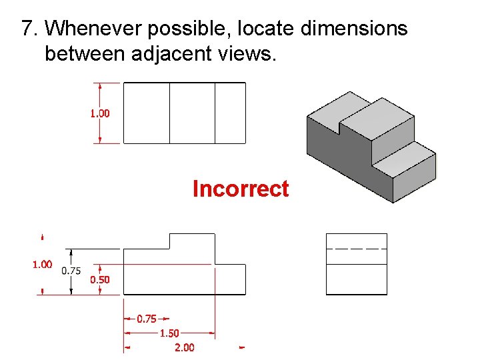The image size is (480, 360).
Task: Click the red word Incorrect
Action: (240, 189)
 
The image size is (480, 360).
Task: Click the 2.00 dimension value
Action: (184, 347)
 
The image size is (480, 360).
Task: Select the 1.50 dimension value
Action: (169, 333)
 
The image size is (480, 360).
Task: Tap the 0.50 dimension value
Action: (100, 280)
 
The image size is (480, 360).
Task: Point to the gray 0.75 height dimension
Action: (71, 271)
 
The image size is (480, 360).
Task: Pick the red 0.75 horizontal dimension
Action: (147, 319)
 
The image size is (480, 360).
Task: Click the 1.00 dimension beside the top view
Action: (100, 113)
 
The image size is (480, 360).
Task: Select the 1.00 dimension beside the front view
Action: (42, 265)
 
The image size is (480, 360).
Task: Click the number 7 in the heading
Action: (27, 29)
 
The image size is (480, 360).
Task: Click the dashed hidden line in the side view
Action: (356, 248)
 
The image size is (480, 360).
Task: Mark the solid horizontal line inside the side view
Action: (356, 265)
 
